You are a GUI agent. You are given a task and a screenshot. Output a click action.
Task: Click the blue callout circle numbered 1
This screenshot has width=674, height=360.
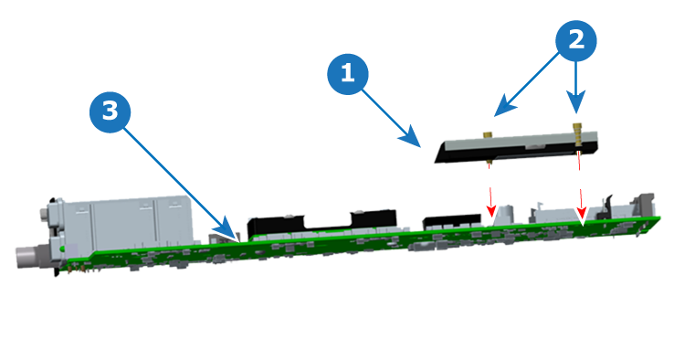click(348, 74)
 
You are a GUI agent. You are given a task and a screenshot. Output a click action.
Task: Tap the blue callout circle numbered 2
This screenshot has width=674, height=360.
click(576, 41)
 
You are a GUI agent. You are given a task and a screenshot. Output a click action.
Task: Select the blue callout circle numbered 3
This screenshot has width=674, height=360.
click(110, 111)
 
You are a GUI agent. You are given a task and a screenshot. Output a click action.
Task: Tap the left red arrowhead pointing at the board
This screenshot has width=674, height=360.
click(490, 212)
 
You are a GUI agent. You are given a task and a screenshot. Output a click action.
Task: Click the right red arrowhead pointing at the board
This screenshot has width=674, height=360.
click(582, 214)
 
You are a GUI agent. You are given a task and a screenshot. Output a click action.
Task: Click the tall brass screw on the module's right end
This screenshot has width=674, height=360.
click(577, 134)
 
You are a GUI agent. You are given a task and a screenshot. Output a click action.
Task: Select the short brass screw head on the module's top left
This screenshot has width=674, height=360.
click(488, 134)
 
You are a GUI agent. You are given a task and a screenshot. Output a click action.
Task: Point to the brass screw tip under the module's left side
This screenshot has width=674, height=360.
click(490, 162)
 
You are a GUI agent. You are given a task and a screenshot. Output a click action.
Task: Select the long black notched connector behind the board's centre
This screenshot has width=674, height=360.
click(321, 222)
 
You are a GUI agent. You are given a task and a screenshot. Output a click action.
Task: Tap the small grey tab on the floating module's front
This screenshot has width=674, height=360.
click(534, 147)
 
